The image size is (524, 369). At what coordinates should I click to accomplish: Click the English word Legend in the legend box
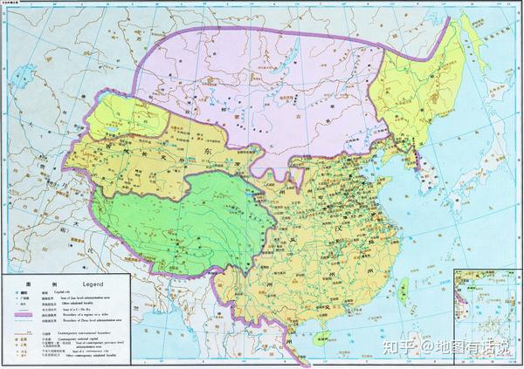pyautogui.click(x=93, y=284)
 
